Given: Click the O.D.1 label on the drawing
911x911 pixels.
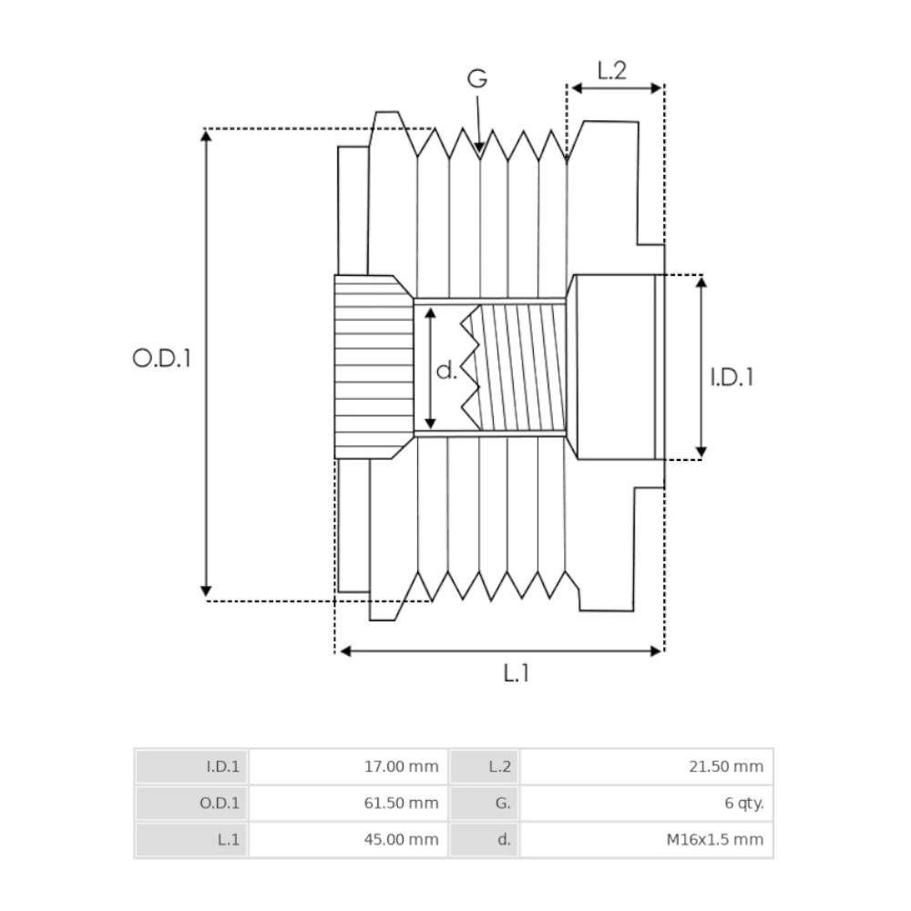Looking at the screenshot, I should (162, 358).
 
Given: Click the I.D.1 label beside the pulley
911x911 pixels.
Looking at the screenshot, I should (732, 376).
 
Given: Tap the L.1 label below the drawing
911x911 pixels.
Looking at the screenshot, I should (517, 674).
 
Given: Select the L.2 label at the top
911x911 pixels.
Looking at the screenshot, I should (612, 70).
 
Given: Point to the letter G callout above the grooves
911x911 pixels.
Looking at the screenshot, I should (477, 79).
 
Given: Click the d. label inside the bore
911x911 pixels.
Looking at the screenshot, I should (446, 370).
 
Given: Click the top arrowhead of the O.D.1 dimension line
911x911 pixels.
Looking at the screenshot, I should (206, 136).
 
